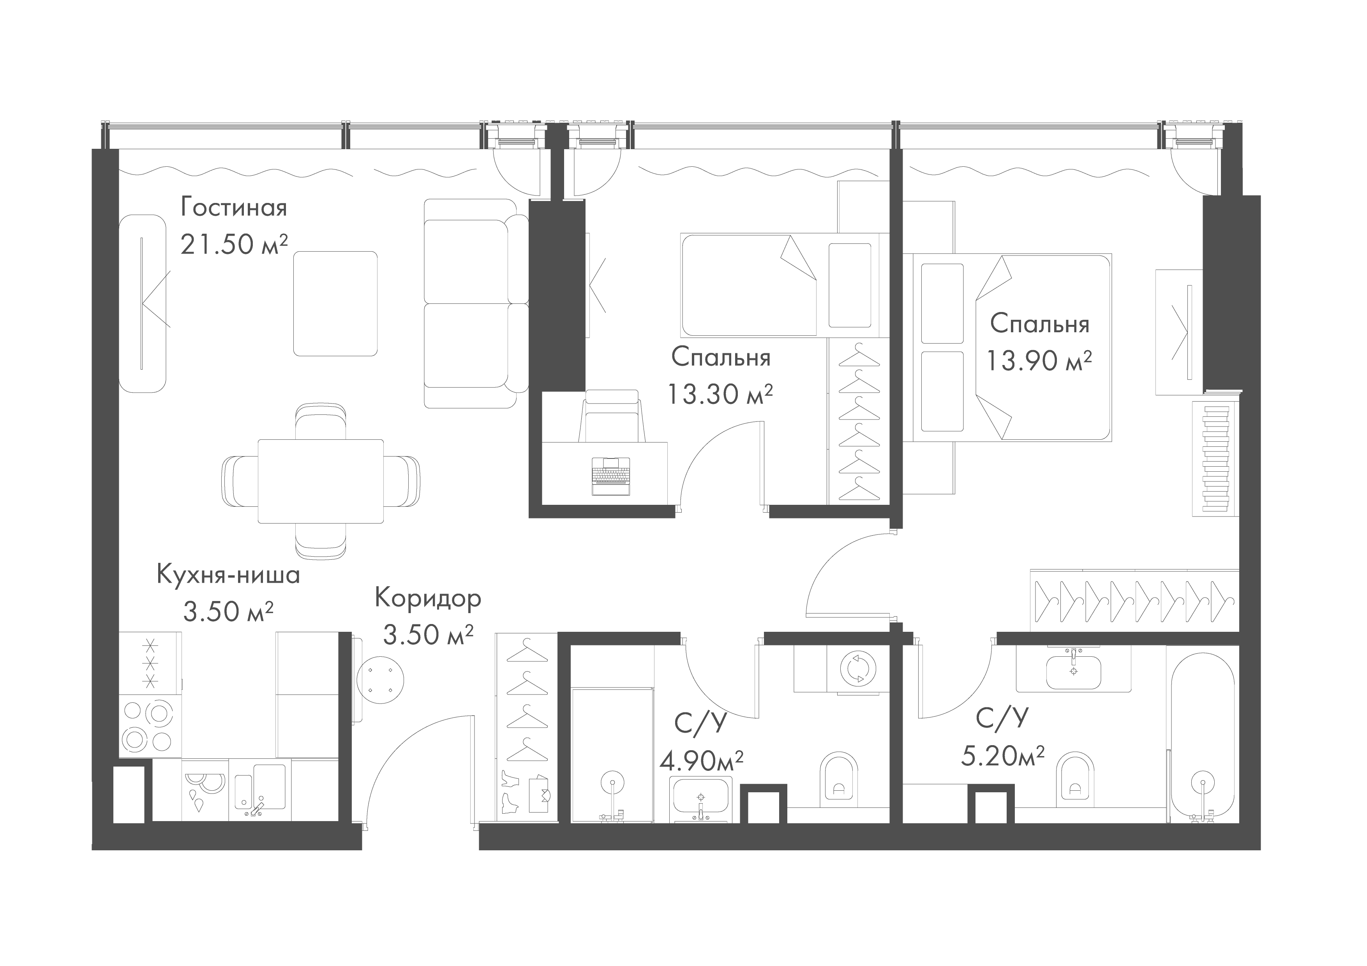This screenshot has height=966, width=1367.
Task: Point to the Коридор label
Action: [x=427, y=598]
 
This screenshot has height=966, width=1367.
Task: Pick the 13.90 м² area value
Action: [x=1039, y=360]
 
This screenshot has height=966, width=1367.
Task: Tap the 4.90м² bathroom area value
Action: [x=701, y=760]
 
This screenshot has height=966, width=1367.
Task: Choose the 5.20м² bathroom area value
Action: [x=1003, y=756]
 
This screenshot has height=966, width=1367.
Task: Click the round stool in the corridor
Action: [x=380, y=679]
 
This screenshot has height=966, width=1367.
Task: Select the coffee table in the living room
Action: [x=335, y=303]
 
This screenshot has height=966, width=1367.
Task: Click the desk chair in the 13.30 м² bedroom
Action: [x=612, y=414]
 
